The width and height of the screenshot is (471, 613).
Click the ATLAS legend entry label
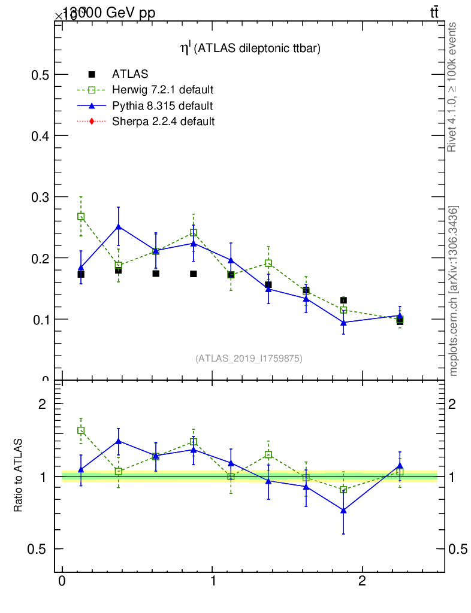click(x=129, y=75)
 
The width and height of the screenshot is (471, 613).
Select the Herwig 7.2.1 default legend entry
click(x=162, y=90)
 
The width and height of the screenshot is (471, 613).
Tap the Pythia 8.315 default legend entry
click(x=162, y=106)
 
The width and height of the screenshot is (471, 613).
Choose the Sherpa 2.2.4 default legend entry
click(x=163, y=122)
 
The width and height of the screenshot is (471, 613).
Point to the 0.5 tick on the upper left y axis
click(x=40, y=75)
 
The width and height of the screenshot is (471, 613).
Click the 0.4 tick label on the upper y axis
click(x=40, y=136)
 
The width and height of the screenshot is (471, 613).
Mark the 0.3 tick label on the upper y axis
click(x=40, y=197)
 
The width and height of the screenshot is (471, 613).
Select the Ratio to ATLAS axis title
click(x=18, y=475)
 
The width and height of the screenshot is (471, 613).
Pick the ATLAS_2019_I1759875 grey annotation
click(x=249, y=359)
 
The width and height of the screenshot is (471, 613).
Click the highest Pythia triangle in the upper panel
click(x=119, y=227)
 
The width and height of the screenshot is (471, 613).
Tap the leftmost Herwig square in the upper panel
click(x=81, y=217)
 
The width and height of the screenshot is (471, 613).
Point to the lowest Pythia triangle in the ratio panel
click(x=343, y=510)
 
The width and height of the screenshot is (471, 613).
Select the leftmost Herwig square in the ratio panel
click(x=81, y=430)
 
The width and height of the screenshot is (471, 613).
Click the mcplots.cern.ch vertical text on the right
click(x=454, y=291)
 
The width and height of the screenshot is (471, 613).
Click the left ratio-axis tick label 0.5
click(x=40, y=549)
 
